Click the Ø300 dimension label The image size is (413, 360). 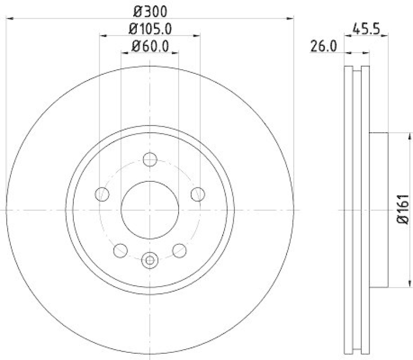(150, 10)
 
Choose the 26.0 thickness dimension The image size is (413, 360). (324, 46)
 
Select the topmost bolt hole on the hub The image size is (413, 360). (150, 160)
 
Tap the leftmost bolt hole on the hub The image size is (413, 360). (103, 194)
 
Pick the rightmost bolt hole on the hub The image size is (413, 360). (197, 194)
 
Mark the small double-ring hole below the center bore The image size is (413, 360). (150, 260)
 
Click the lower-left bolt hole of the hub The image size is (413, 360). (120, 251)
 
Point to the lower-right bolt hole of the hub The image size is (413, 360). (179, 251)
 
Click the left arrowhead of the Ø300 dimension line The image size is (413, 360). (9, 19)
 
